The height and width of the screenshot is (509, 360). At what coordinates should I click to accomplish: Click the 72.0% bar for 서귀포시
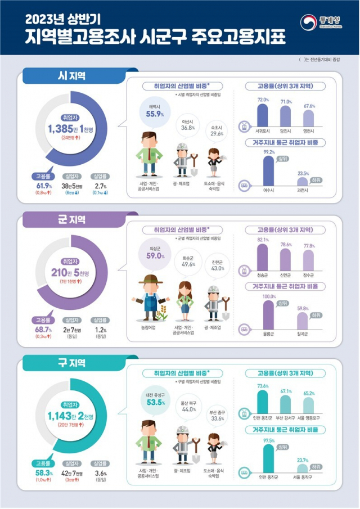point(262,115)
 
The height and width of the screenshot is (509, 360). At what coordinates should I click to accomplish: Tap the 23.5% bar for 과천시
point(303,181)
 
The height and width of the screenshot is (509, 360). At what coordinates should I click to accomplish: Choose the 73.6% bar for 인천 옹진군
point(262,401)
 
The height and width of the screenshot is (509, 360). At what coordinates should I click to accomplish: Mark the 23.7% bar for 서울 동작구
point(303,468)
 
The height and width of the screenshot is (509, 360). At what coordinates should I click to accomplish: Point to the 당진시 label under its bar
point(286,133)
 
